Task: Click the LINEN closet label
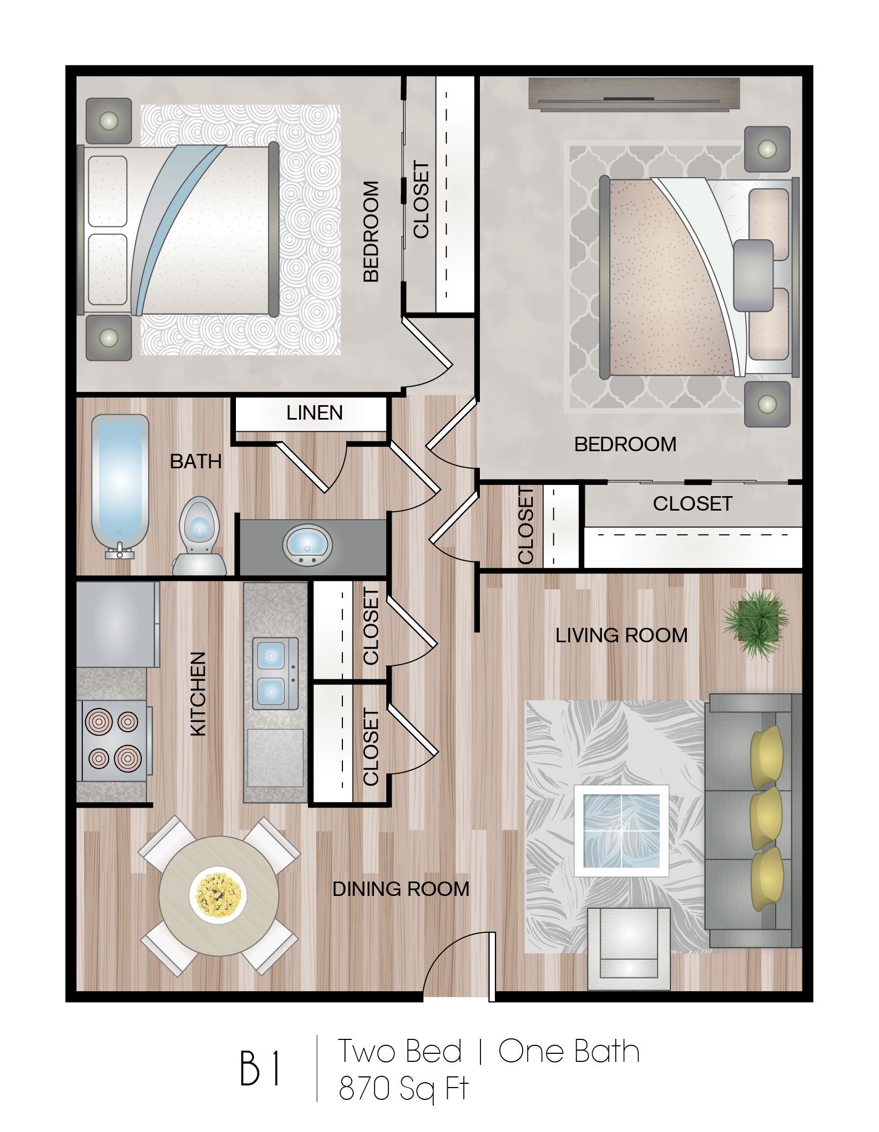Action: click(314, 413)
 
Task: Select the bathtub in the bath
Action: click(120, 484)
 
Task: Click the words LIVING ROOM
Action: click(621, 636)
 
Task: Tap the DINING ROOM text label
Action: click(401, 889)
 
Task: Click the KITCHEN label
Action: click(198, 694)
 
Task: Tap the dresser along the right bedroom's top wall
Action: click(633, 96)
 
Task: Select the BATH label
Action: click(195, 461)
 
